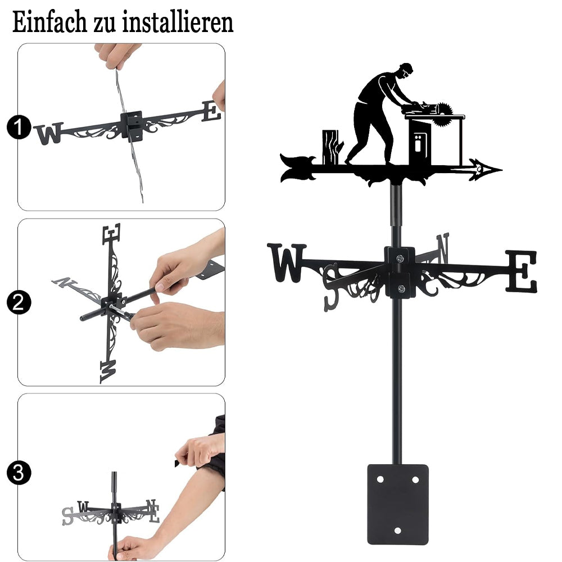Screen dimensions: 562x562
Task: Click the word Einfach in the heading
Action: point(50,22)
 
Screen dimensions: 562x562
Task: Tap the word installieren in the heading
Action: point(178,22)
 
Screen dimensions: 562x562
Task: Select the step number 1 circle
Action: point(19,127)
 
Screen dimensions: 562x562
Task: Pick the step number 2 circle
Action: point(19,302)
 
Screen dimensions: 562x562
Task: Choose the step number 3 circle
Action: point(19,473)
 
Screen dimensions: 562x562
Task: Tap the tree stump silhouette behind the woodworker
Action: point(332,147)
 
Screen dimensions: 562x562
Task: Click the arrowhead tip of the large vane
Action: point(502,170)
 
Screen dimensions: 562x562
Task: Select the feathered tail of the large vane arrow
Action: point(297,167)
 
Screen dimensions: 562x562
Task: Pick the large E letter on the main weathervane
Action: point(522,271)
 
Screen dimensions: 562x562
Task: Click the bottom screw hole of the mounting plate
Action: point(397,531)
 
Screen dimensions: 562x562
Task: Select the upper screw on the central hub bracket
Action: point(400,258)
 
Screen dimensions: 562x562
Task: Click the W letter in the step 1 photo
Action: point(49,133)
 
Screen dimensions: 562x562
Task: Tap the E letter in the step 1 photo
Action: point(211,111)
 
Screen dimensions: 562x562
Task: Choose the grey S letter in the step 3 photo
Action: point(68,516)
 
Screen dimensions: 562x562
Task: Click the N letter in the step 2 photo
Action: point(65,283)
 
